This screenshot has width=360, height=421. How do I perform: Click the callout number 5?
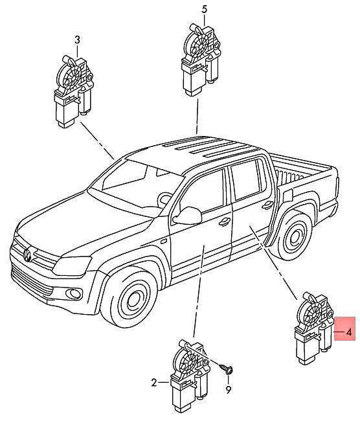(205, 10)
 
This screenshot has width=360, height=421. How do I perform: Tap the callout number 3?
(77, 40)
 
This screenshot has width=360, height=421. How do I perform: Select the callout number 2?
(154, 382)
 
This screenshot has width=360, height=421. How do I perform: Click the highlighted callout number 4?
(348, 332)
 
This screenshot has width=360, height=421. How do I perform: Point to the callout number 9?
(228, 389)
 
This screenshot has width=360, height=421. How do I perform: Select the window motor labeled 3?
(73, 91)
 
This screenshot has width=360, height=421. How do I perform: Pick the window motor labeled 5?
(201, 60)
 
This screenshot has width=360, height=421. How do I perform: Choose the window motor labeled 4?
(314, 328)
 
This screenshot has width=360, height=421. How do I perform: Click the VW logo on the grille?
(28, 255)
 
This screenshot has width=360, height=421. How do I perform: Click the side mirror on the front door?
(187, 215)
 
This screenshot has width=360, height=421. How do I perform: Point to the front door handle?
(224, 222)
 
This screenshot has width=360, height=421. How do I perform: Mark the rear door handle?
(267, 205)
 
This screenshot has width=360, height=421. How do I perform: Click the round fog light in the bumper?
(74, 293)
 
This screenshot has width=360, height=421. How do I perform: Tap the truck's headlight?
(72, 266)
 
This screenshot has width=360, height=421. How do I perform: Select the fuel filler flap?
(287, 196)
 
